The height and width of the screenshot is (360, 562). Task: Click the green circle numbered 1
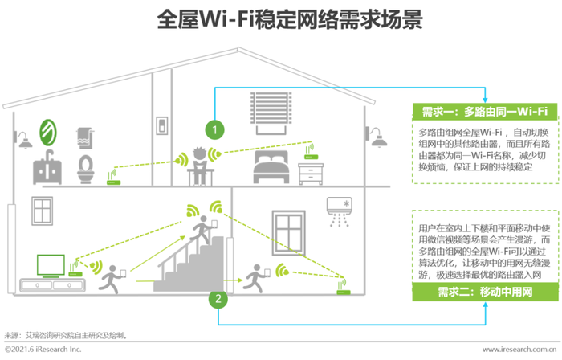pyautogui.click(x=214, y=129)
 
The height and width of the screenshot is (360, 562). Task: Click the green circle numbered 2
pyautogui.click(x=218, y=298)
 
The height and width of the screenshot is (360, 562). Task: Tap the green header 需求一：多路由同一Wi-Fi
pyautogui.click(x=485, y=112)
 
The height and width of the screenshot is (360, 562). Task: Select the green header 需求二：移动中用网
pyautogui.click(x=485, y=292)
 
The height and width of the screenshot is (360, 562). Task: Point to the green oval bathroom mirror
pyautogui.click(x=48, y=133)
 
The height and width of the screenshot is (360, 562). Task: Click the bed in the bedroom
pyautogui.click(x=271, y=166)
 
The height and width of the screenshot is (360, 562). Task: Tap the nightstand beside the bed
pyautogui.click(x=311, y=174)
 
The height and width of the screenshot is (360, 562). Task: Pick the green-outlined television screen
pyautogui.click(x=51, y=266)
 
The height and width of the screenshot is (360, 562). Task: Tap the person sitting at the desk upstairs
pyautogui.click(x=200, y=166)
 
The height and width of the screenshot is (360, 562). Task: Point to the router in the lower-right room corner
pyautogui.click(x=343, y=287)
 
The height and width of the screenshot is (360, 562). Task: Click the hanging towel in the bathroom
pyautogui.click(x=85, y=138)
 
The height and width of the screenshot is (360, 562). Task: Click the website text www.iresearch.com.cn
pyautogui.click(x=519, y=350)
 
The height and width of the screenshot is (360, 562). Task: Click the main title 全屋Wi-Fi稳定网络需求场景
pyautogui.click(x=290, y=19)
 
